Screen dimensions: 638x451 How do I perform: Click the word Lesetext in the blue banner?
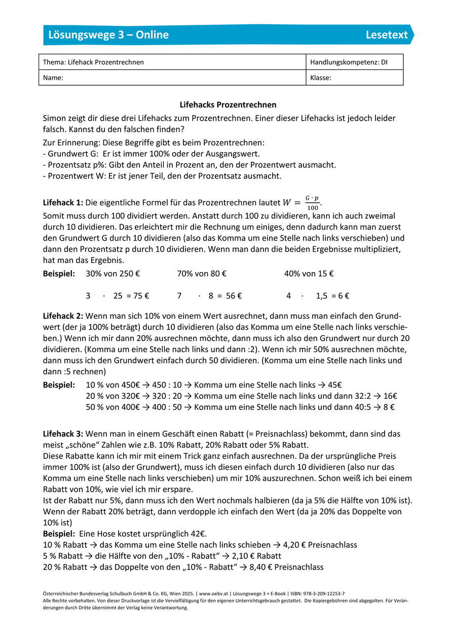[387, 35]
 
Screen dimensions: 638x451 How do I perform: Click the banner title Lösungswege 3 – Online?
[108, 35]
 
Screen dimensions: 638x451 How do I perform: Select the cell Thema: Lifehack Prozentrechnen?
[94, 62]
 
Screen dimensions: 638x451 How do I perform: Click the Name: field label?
[53, 78]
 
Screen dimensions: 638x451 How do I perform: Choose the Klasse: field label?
[321, 78]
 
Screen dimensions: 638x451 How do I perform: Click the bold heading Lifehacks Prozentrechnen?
[228, 105]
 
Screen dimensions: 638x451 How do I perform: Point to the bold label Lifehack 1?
[63, 203]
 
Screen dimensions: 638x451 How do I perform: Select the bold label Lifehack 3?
[63, 434]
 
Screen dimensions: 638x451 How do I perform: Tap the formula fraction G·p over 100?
[313, 203]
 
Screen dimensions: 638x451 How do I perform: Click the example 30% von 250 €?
[113, 274]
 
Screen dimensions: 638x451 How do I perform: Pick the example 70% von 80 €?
[202, 274]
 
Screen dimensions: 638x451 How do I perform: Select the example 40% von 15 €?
[309, 274]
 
